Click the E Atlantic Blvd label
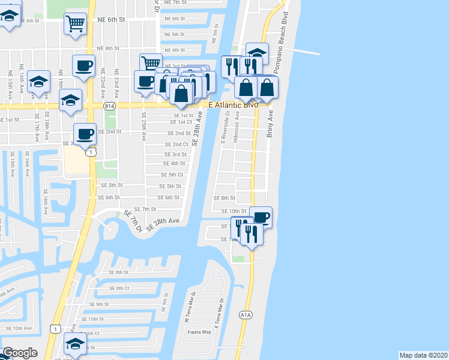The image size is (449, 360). coord(233,104)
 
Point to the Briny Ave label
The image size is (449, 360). coord(270,124)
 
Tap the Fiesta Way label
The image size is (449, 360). coord(199,332)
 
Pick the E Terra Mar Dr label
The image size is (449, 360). coord(218,313)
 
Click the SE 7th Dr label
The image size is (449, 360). coord(133,221)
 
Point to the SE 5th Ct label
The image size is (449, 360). coord(171,175)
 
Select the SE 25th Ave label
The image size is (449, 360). coord(143,127)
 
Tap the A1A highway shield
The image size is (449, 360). coord(245,314)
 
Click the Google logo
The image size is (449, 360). coord(20,353)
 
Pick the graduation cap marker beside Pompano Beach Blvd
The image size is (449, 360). coord(257,53)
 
